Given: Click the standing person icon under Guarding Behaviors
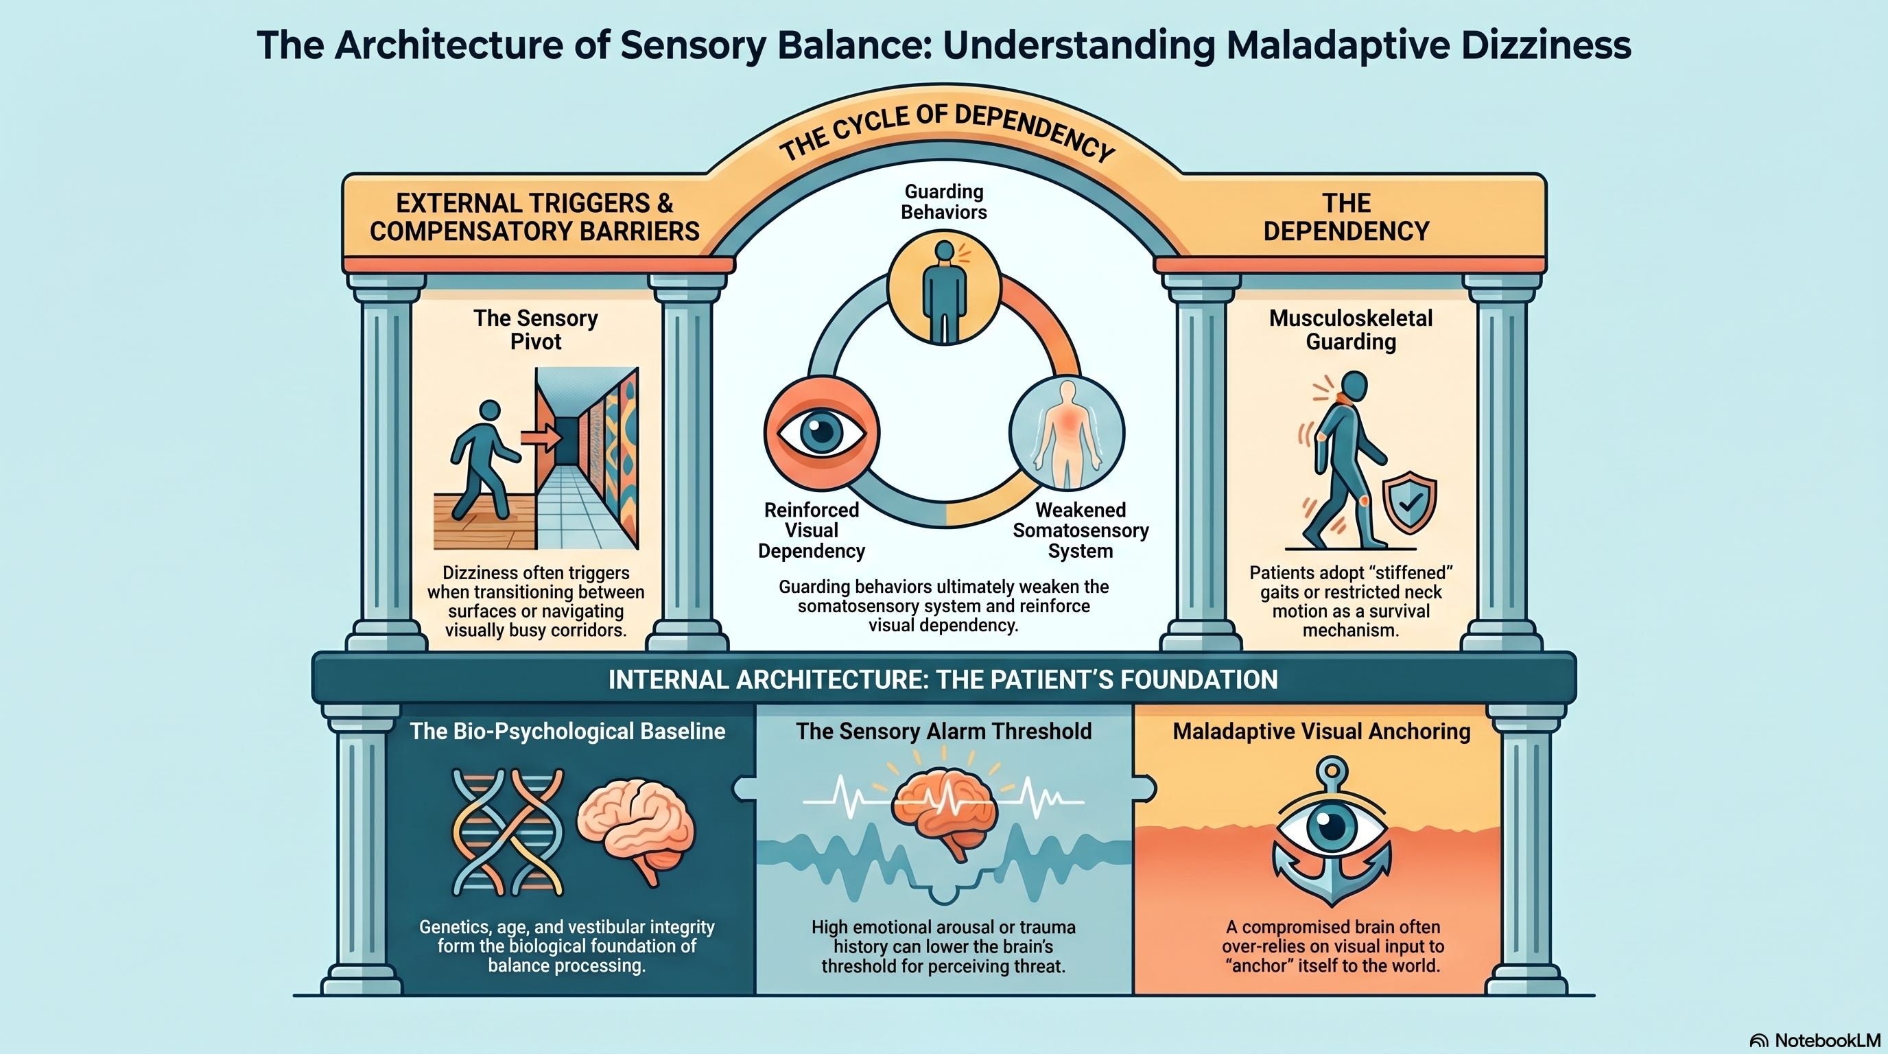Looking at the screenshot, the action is click(944, 291).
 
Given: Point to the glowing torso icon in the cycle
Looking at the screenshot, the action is click(1066, 432).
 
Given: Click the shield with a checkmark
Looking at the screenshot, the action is click(1408, 503).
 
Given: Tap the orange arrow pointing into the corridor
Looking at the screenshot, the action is click(541, 438).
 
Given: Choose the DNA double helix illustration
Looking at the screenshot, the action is click(508, 832).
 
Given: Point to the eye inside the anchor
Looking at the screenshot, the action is click(1332, 825).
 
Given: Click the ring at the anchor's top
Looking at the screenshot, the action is click(1332, 772).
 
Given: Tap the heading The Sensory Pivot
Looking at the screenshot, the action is click(536, 330).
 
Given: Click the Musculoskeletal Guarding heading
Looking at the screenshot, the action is click(1351, 330).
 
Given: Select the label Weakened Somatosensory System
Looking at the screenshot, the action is click(1081, 530).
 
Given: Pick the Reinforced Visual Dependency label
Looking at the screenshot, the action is click(812, 530).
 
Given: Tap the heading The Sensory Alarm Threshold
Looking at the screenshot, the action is click(944, 731).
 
